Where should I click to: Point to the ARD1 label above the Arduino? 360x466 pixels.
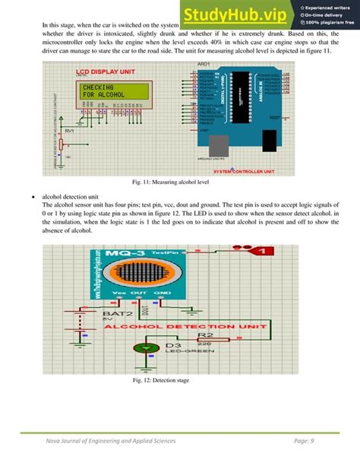click(204, 66)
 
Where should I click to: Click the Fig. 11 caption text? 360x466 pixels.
click(180, 183)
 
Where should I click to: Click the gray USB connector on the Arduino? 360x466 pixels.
click(221, 145)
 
